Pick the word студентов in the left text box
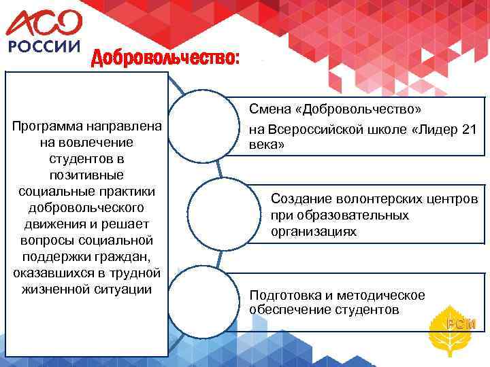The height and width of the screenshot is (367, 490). point(86,158)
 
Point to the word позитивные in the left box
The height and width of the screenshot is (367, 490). point(86,174)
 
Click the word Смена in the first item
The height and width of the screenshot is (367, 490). point(267,109)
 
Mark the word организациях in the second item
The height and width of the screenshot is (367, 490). point(313,231)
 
